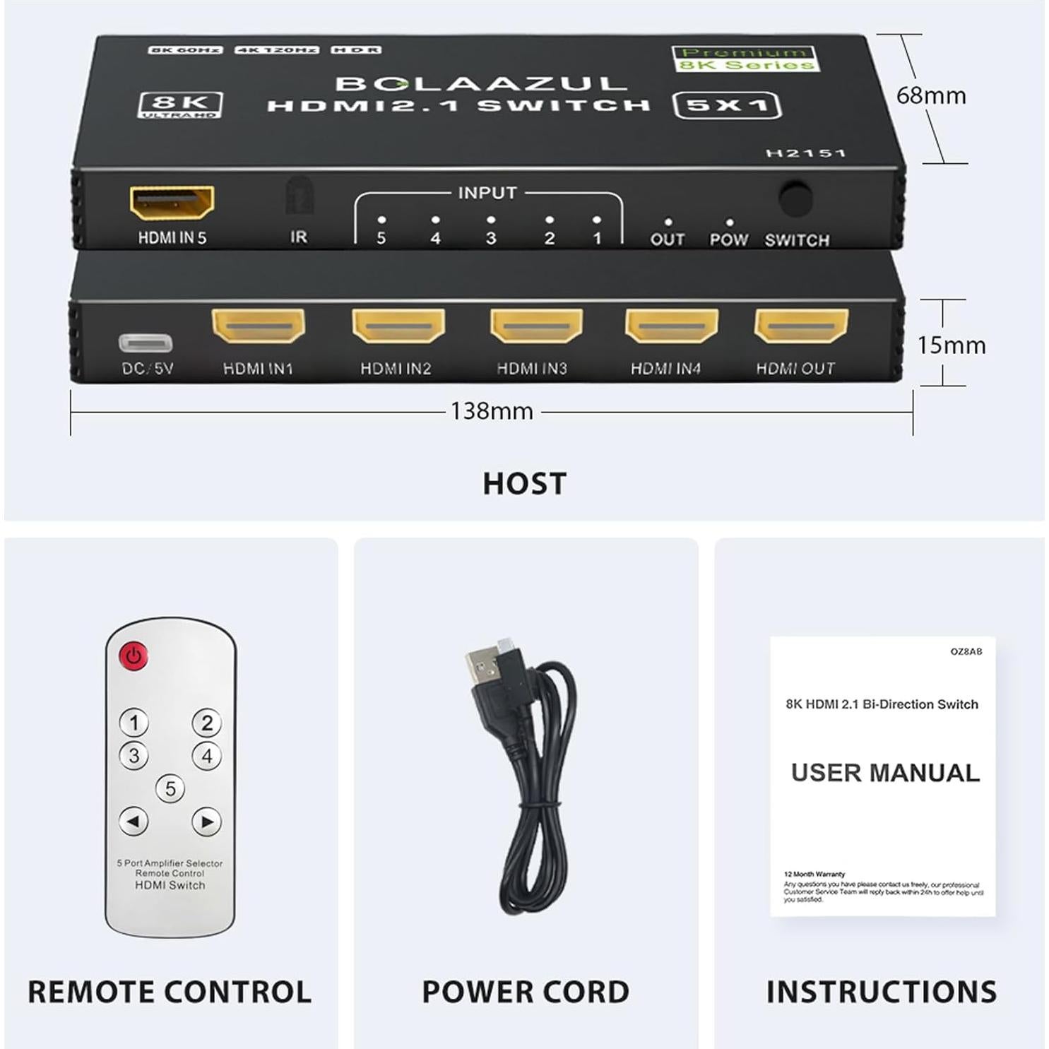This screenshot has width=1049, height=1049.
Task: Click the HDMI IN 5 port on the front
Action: [x=172, y=203]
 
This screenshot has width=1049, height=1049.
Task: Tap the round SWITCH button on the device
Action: [x=795, y=199]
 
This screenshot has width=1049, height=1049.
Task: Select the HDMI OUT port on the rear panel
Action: [x=801, y=326]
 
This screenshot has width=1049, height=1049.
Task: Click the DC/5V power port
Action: [x=146, y=343]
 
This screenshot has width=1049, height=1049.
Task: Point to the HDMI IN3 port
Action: [x=537, y=326]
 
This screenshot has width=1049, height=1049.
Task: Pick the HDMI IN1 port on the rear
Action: [x=258, y=326]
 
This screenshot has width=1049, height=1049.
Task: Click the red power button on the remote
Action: [x=134, y=656]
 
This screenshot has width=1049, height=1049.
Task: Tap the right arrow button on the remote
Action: [x=206, y=822]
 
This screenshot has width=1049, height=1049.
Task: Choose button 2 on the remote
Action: [x=206, y=723]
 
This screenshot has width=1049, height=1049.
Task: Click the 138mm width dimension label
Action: [x=492, y=411]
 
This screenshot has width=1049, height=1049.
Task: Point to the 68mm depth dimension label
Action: [x=930, y=95]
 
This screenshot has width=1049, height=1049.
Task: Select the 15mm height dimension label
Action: [x=951, y=345]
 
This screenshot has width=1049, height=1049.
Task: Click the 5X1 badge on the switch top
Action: [x=727, y=105]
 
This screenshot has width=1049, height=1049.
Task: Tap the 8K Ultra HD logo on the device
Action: [x=180, y=105]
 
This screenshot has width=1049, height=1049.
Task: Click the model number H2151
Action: [x=805, y=153]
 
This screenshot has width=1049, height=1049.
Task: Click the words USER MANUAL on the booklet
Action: [x=885, y=773]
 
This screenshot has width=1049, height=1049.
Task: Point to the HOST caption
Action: [x=524, y=484]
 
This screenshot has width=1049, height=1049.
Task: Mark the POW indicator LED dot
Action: [x=729, y=222]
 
